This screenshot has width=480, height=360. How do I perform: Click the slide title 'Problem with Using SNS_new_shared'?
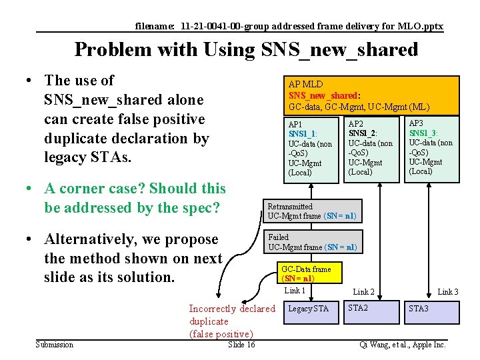(x=246, y=50)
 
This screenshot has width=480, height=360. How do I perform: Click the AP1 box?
(x=311, y=149)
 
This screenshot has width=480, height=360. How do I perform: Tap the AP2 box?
(x=371, y=149)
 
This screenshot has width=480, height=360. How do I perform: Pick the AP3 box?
(x=433, y=149)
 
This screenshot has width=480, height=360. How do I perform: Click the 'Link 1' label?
(x=295, y=291)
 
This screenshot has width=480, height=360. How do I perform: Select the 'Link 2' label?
(x=363, y=292)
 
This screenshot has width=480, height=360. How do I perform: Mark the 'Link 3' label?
(x=447, y=292)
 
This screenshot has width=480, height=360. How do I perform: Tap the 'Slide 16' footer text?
(x=241, y=345)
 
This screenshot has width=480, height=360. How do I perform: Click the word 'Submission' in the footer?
(x=55, y=345)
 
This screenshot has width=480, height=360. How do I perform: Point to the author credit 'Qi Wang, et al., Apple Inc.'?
(x=402, y=345)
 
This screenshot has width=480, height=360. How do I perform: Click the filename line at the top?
(x=289, y=27)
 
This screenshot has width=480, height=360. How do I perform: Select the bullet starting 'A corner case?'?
(x=134, y=198)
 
